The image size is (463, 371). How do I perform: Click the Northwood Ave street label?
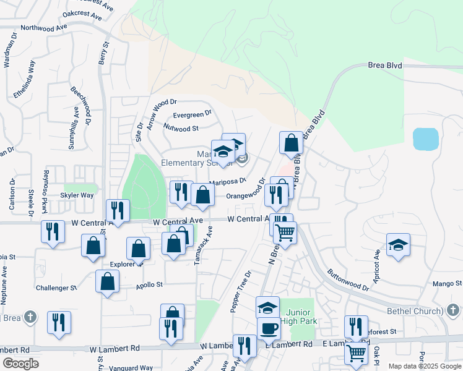(x=43, y=28)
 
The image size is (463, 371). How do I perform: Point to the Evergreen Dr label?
(x=193, y=114)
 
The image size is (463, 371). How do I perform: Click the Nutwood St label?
(x=181, y=129)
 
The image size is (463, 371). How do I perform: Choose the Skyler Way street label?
(x=77, y=195)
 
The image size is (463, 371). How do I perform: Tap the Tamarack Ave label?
(x=202, y=246)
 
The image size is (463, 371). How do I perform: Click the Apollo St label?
(x=149, y=285)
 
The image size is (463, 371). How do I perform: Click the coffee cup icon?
(x=269, y=328)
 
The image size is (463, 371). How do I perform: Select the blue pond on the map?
(x=425, y=139)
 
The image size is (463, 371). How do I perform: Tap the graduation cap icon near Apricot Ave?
(x=399, y=245)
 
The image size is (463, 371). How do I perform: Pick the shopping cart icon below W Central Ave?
(x=285, y=232)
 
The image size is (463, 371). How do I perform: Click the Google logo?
(x=21, y=364)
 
